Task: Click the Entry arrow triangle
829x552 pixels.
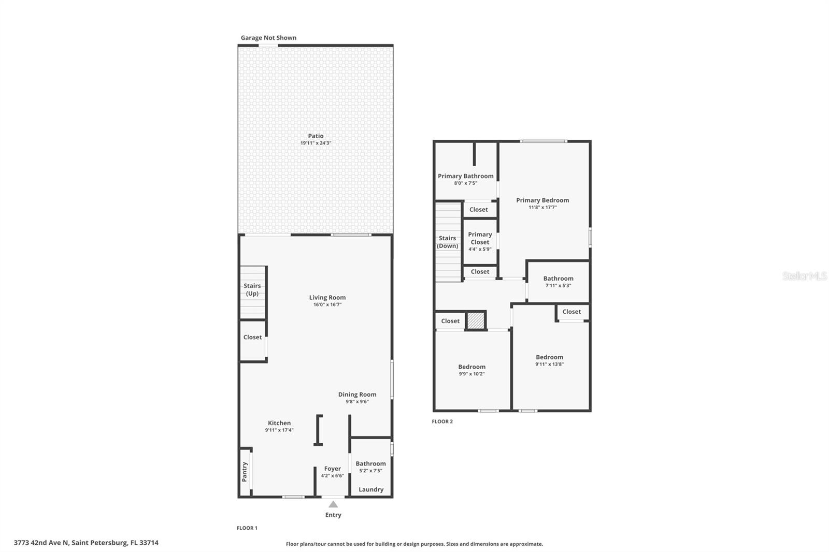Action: [x=333, y=504]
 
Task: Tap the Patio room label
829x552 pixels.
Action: [x=316, y=136]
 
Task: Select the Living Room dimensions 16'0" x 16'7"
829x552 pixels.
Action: [x=327, y=304]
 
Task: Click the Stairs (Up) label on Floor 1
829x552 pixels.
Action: [x=252, y=289]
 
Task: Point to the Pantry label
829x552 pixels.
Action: [x=245, y=472]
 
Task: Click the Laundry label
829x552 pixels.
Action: [x=371, y=489]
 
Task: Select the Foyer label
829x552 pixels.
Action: [x=333, y=469]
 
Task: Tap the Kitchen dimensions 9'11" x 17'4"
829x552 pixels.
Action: [x=279, y=430]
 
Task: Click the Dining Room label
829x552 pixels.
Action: [x=357, y=394]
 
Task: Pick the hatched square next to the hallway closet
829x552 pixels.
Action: [x=475, y=321]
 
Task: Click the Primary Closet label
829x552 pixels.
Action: [x=480, y=238]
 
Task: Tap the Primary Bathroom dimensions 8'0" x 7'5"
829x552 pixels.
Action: [x=465, y=183]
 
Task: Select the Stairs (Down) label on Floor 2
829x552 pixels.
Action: [x=447, y=242]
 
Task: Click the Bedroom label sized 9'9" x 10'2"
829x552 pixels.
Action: [x=471, y=367]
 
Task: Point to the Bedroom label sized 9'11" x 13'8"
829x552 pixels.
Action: [x=549, y=357]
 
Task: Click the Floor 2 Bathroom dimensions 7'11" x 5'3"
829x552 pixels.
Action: [x=558, y=285]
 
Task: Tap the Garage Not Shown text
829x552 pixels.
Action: [x=268, y=38]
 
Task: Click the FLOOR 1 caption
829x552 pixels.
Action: [x=247, y=528]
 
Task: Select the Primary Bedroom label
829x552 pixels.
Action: [x=542, y=200]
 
